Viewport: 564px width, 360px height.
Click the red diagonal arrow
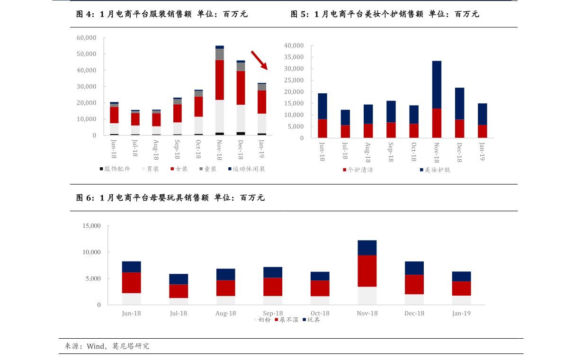pos(259,60)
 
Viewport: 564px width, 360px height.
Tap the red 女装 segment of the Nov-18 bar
pos(220,80)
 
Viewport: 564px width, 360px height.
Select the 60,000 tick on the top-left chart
pos(86,37)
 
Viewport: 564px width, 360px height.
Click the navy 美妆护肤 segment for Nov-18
pos(437,85)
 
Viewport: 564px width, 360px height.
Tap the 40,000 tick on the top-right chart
pos(294,45)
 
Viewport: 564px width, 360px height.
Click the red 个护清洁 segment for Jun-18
pos(322,128)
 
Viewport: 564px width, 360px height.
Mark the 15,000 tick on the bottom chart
pos(91,226)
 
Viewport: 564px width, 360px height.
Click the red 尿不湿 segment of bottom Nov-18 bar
pos(367,271)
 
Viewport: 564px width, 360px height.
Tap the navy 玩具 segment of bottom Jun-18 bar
pos(131,267)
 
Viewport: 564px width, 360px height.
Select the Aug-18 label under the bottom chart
pos(225,313)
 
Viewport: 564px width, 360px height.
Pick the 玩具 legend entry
pos(313,320)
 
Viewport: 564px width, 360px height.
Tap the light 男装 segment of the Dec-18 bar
pos(241,118)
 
